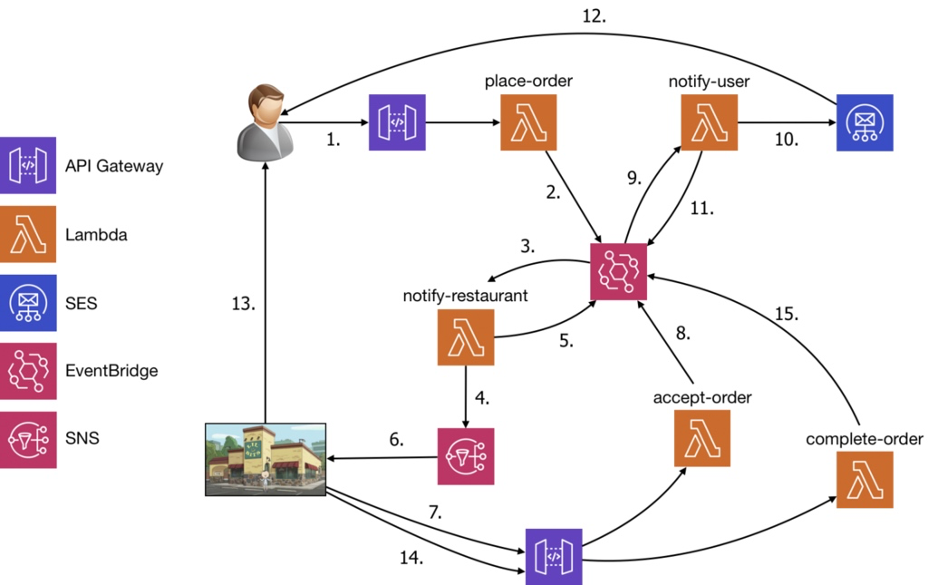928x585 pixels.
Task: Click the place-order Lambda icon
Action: pos(528,122)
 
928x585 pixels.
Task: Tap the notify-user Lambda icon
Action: pos(710,122)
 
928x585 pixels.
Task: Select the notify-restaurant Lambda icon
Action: pos(466,336)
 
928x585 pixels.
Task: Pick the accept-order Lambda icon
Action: pos(702,437)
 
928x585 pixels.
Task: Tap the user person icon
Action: pos(266,119)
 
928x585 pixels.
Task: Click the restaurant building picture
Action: pos(266,459)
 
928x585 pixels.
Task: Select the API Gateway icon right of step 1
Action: pos(396,122)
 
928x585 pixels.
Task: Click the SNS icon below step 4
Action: pos(466,456)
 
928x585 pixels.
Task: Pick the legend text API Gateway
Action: pos(115,166)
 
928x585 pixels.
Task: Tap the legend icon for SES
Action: pos(29,303)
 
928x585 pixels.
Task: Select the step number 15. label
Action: pos(785,315)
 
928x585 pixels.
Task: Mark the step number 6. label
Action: pos(396,439)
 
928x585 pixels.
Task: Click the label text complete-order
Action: pos(864,440)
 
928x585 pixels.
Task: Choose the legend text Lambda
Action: pos(96,235)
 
